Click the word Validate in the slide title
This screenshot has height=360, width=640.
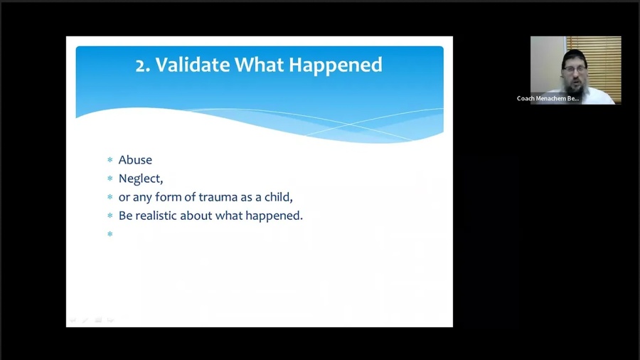click(193, 65)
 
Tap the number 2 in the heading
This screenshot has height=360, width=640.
click(141, 65)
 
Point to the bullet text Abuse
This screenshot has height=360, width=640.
click(135, 159)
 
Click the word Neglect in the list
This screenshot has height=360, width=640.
click(139, 179)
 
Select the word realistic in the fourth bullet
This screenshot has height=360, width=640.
click(156, 216)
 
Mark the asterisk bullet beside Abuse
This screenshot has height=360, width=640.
click(110, 159)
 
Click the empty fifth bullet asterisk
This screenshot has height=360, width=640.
click(110, 234)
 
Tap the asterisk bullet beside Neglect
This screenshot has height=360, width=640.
click(110, 179)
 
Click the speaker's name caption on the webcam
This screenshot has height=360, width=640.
click(548, 98)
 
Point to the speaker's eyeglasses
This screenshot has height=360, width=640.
click(575, 70)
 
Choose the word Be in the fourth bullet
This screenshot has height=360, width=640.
click(125, 216)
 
